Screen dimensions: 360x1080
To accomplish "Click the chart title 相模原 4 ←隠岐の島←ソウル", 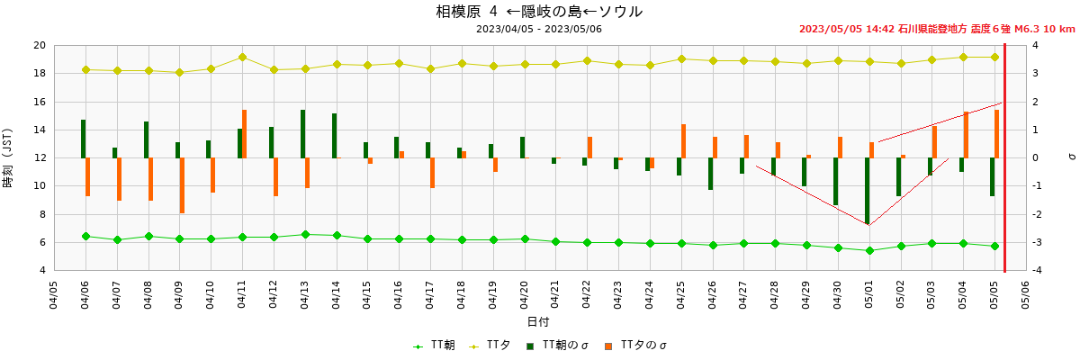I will pos(539,12).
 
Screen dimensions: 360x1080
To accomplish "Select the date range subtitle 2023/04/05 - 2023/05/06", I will pos(539,29).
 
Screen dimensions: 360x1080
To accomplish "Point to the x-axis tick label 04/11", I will pos(242,295).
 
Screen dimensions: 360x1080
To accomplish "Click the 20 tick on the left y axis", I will pos(39,45).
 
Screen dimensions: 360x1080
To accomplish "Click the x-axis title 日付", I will pos(538,321).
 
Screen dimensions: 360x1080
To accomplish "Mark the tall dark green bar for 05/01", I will pos(867,191).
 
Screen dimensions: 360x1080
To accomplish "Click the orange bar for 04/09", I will pos(182,185).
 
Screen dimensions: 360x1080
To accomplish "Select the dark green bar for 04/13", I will pos(302,134).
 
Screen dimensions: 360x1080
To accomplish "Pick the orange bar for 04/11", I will pos(245,134).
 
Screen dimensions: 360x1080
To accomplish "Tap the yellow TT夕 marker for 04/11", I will pos(242,57).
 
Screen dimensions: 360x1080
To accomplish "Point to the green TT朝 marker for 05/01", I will pos(869,250).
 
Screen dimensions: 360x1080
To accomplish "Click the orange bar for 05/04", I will pos(966,135).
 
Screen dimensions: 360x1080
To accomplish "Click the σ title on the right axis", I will pos(1071,157).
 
